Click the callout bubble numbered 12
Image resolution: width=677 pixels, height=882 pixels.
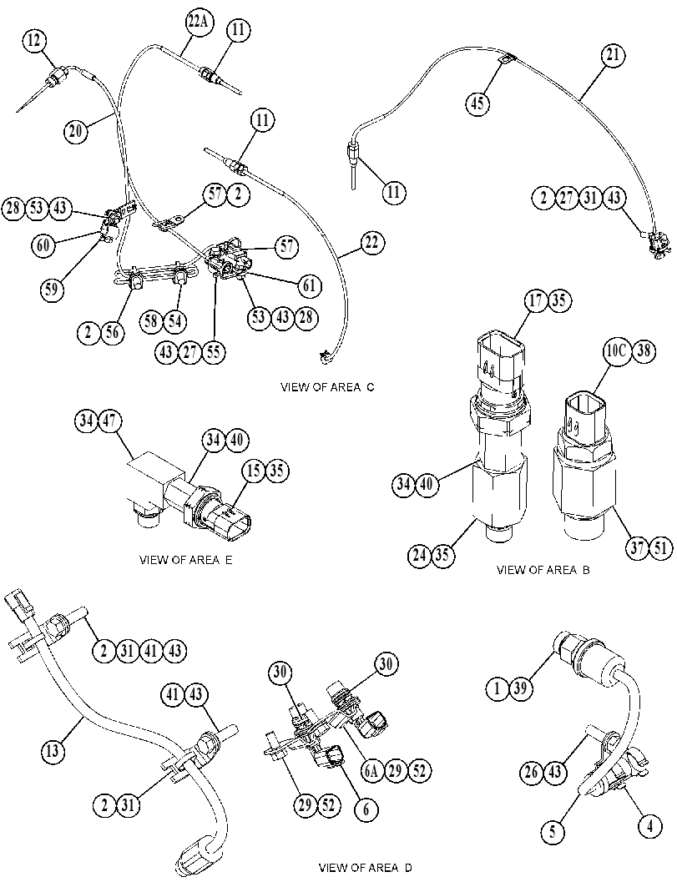click(x=34, y=40)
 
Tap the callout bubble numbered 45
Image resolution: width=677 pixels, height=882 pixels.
click(x=477, y=103)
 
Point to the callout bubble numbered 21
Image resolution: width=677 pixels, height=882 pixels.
click(x=612, y=55)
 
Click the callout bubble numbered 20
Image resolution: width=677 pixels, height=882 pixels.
click(x=75, y=131)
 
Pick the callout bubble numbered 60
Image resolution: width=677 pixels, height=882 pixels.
click(x=43, y=246)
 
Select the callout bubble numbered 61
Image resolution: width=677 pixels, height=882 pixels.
click(x=309, y=286)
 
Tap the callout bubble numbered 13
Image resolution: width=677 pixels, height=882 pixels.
click(x=53, y=752)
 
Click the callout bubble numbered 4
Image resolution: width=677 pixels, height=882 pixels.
click(x=650, y=827)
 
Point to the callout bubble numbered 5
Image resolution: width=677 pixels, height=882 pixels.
click(x=552, y=831)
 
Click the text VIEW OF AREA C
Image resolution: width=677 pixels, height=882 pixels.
click(x=327, y=387)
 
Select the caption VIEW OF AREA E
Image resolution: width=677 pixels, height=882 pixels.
click(x=185, y=560)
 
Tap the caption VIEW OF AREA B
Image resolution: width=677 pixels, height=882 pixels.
click(x=543, y=570)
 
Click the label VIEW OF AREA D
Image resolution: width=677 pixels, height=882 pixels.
click(x=366, y=867)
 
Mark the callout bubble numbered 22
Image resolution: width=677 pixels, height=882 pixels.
click(x=371, y=243)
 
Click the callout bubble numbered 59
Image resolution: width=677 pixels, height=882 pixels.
click(x=52, y=289)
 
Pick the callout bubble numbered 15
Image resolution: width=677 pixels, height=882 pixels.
click(x=255, y=471)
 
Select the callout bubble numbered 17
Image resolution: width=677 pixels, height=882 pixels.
click(x=537, y=300)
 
